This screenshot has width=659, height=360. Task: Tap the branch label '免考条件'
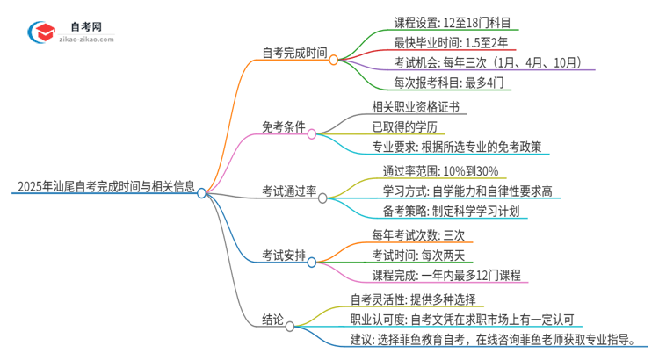(283, 127)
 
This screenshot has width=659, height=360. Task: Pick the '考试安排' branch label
(283, 256)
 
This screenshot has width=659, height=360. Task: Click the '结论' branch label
(273, 321)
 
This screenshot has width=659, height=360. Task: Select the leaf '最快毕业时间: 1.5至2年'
(444, 42)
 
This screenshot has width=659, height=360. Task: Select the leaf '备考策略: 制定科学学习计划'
(451, 212)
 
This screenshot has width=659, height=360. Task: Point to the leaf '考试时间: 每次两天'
(424, 255)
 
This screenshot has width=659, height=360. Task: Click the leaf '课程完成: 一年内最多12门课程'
(447, 276)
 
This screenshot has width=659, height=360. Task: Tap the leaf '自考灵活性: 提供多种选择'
(425, 298)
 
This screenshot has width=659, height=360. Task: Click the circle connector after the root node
(202, 192)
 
